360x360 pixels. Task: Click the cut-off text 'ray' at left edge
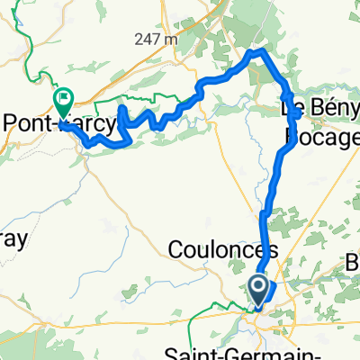coord(13,240)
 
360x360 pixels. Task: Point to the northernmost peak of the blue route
coord(261,52)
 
